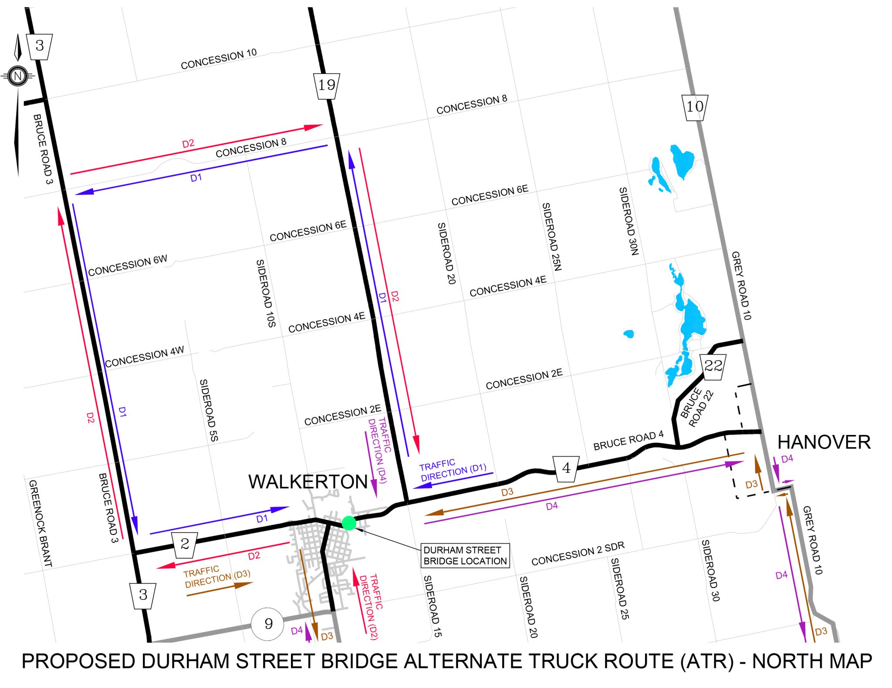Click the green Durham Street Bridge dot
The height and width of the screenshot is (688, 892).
pyautogui.click(x=349, y=523)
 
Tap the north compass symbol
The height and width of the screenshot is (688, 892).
pyautogui.click(x=18, y=76)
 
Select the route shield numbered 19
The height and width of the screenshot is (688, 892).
pyautogui.click(x=327, y=85)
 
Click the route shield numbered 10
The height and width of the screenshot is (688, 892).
pyautogui.click(x=695, y=107)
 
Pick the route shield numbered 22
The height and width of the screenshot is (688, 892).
pyautogui.click(x=713, y=366)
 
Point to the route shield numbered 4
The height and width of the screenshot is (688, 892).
pyautogui.click(x=566, y=469)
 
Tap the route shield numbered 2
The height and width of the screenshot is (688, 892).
pyautogui.click(x=185, y=544)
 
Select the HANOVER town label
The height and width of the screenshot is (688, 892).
pyautogui.click(x=824, y=442)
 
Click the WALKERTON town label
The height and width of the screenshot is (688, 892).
pyautogui.click(x=308, y=482)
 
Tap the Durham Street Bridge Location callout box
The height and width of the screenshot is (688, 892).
pyautogui.click(x=465, y=556)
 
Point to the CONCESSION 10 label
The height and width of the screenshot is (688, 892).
pyautogui.click(x=219, y=60)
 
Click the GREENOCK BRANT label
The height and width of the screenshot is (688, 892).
pyautogui.click(x=40, y=523)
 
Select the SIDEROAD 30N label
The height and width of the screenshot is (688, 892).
pyautogui.click(x=629, y=221)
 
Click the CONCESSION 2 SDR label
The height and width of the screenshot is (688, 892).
pyautogui.click(x=578, y=553)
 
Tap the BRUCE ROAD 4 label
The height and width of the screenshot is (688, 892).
pyautogui.click(x=628, y=441)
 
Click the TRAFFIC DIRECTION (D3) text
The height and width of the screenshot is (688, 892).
pyautogui.click(x=217, y=577)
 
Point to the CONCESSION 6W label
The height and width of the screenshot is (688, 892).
pyautogui.click(x=127, y=266)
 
